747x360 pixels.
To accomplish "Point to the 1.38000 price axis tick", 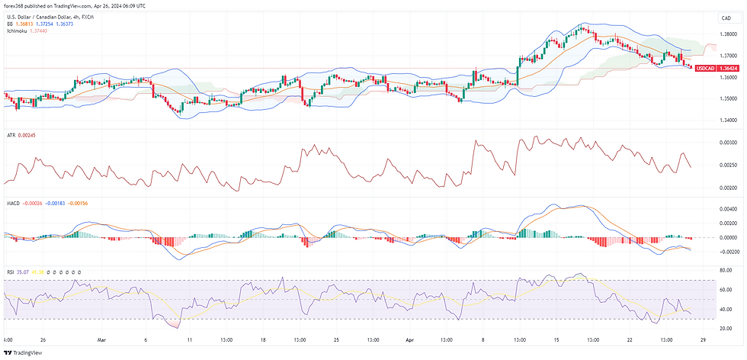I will tap(728, 34).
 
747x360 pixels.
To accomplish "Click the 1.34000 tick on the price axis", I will tap(728, 120).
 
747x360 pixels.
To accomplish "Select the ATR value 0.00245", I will tap(28, 136).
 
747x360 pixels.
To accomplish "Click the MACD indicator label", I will tap(12, 204).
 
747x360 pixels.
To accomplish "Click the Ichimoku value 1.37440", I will tap(37, 31).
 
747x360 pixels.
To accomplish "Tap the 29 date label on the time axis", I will tap(702, 339).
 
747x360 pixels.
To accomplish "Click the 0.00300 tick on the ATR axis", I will tap(728, 143).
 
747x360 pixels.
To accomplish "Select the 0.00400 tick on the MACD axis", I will tap(728, 208).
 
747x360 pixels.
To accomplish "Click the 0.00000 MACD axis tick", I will tap(728, 237).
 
